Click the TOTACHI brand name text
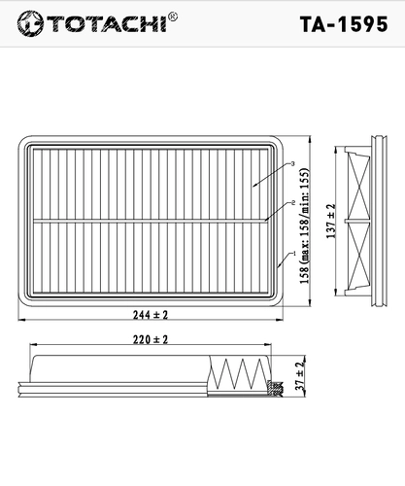click(x=108, y=23)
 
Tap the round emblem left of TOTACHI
click(x=30, y=23)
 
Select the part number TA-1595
click(x=344, y=24)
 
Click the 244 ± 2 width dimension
click(x=151, y=315)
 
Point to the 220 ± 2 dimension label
click(x=151, y=339)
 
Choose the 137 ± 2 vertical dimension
click(x=331, y=222)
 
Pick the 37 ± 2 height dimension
click(x=300, y=376)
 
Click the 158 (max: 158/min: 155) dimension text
click(x=305, y=226)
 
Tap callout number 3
click(x=292, y=163)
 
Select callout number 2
click(x=293, y=203)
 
